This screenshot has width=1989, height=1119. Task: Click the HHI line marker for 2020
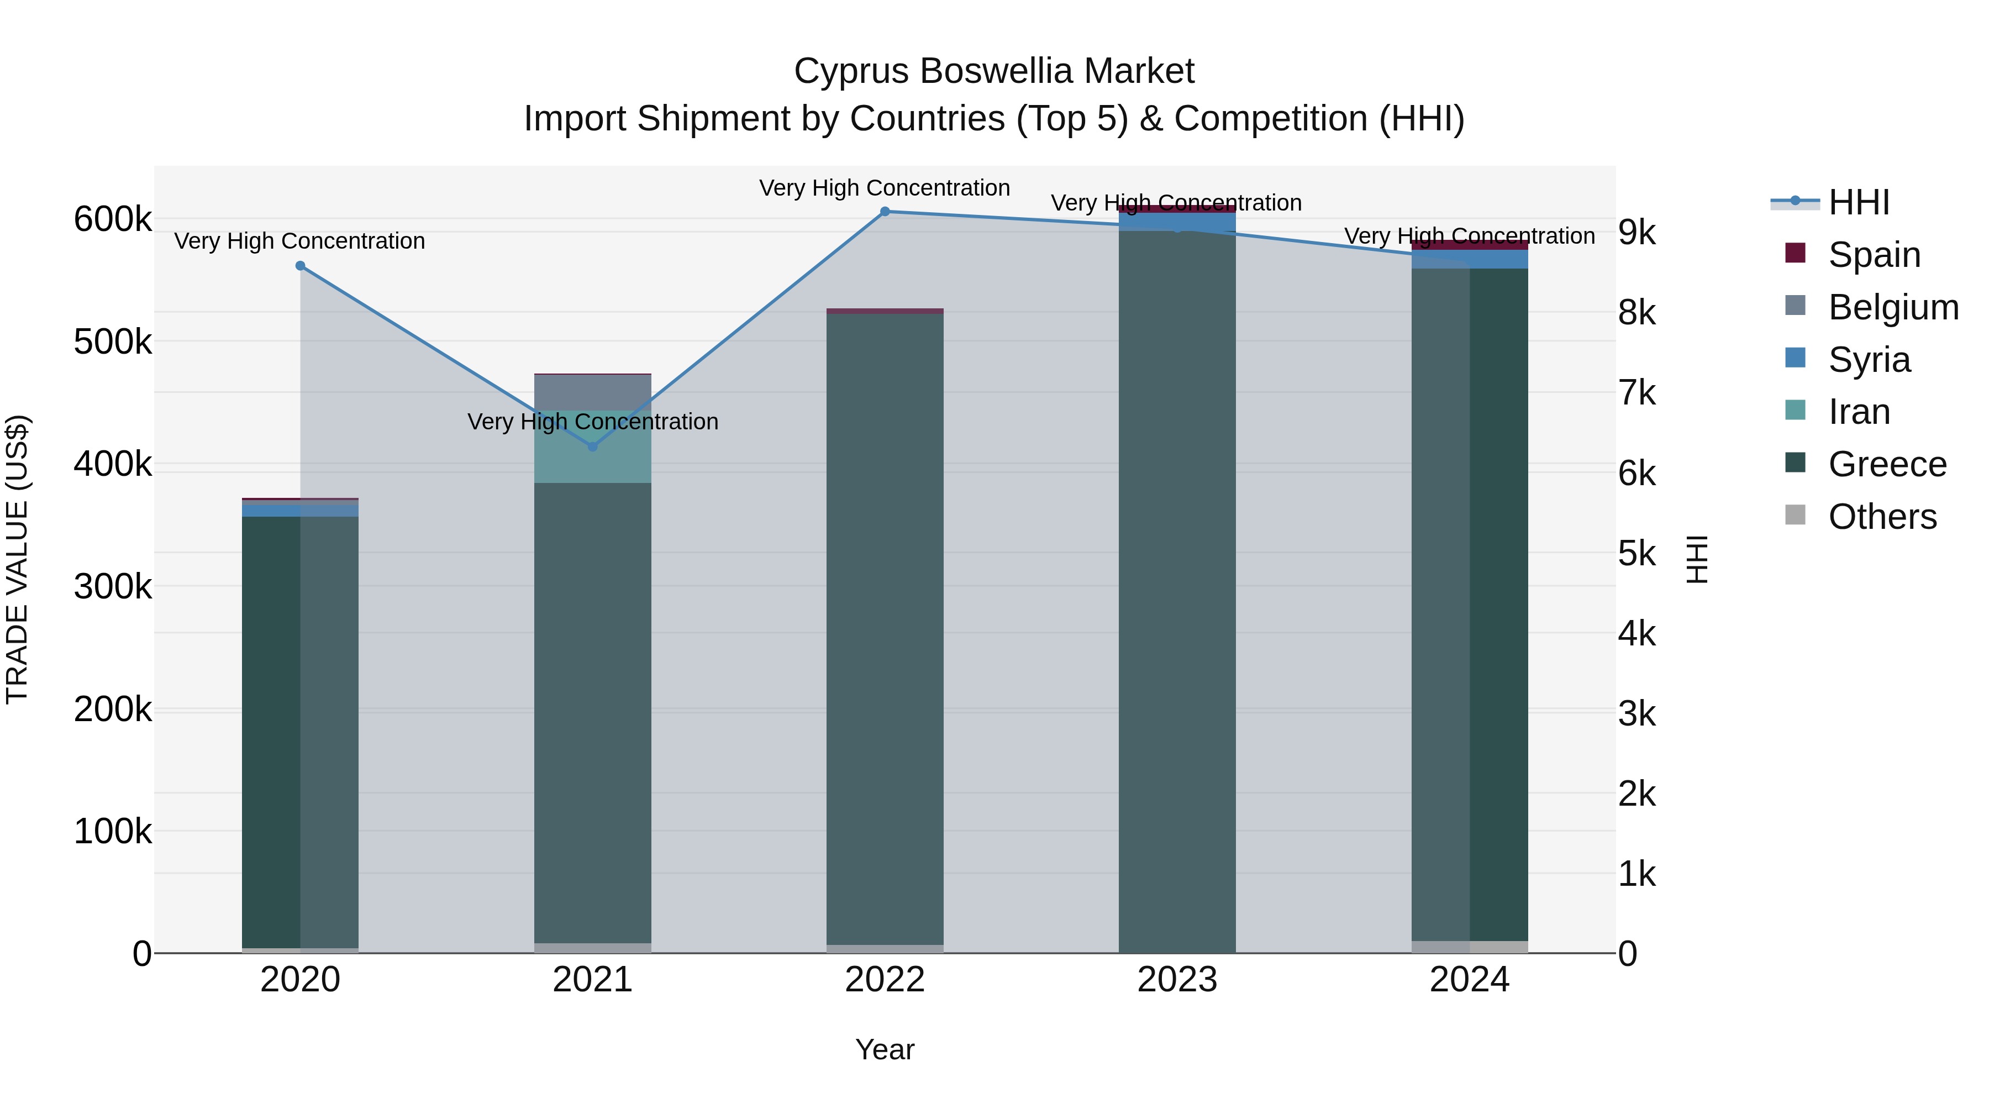(301, 266)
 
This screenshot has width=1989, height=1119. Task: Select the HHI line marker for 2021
(592, 446)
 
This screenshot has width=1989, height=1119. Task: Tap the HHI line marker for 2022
(885, 212)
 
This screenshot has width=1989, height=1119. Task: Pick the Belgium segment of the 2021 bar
(592, 392)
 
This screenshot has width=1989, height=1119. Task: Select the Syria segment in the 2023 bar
(1177, 222)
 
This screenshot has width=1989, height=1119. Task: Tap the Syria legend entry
(1869, 360)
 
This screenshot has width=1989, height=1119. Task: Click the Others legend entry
(1882, 517)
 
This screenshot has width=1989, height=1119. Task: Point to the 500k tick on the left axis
(113, 342)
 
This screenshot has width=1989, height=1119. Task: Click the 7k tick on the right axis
(1637, 393)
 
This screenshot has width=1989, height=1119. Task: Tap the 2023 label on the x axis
(1177, 980)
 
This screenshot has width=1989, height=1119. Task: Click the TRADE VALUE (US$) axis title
(17, 559)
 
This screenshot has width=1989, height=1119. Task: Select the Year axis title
(885, 1049)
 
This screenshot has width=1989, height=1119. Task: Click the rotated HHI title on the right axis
(1696, 559)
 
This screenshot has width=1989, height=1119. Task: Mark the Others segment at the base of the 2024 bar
(1469, 947)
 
